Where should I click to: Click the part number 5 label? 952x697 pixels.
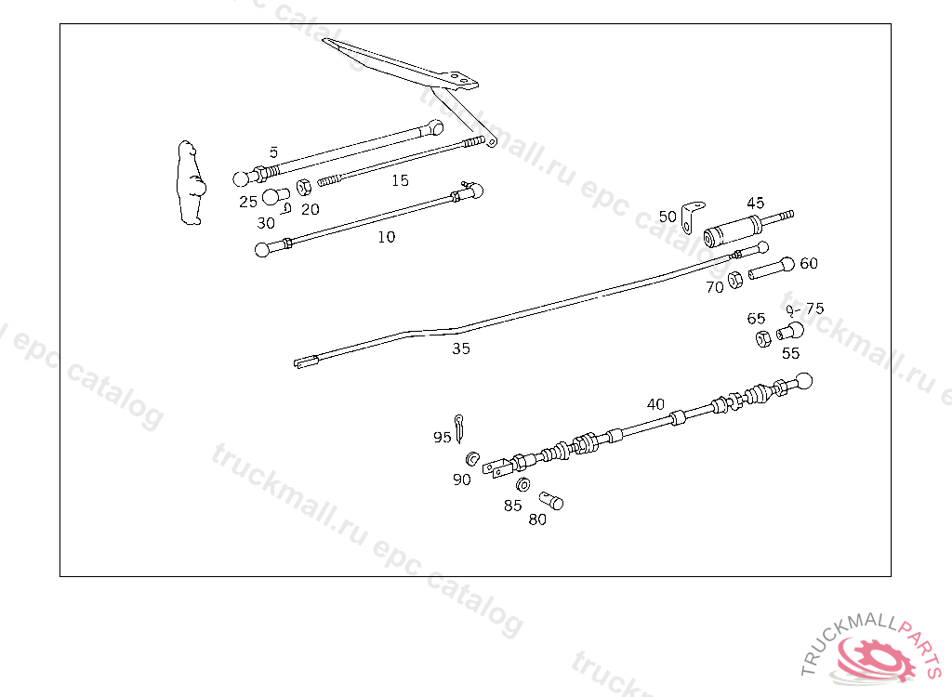coord(274,152)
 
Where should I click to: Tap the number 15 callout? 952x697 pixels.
coord(400,180)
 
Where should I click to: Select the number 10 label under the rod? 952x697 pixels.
coord(386,237)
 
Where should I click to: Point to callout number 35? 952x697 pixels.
coord(461,348)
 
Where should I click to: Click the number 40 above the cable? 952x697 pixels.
coord(655,404)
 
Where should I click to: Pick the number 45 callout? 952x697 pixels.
coord(755,203)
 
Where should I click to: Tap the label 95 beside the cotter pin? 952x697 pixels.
coord(442,437)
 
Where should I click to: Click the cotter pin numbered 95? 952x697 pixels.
coord(459,428)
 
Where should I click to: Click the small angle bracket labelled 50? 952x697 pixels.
coord(691,217)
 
